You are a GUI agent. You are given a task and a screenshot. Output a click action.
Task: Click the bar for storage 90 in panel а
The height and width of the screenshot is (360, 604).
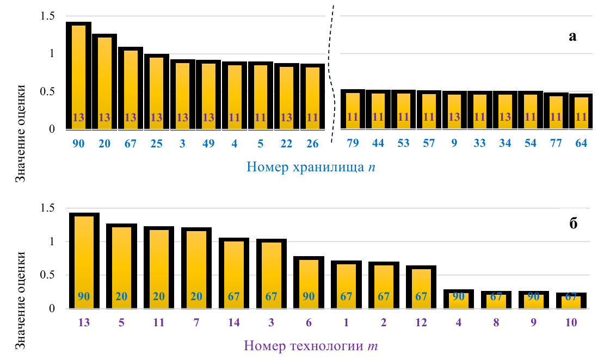(78, 76)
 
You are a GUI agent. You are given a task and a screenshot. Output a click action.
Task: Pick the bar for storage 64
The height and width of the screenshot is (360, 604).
(581, 112)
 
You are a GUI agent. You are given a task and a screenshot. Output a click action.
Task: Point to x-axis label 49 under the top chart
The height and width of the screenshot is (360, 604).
(208, 145)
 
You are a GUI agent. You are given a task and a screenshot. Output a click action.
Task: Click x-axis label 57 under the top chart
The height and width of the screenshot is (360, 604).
(429, 145)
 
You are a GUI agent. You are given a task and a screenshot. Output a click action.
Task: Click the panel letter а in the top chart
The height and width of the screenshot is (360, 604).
(572, 36)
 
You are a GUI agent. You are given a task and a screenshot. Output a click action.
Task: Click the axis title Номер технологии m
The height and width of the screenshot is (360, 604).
(307, 345)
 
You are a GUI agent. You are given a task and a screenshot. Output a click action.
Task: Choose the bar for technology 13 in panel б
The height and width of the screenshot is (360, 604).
(84, 261)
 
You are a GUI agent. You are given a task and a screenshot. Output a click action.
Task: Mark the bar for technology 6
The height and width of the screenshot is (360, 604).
(309, 283)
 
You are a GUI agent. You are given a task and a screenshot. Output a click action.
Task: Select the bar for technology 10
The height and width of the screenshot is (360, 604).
(571, 301)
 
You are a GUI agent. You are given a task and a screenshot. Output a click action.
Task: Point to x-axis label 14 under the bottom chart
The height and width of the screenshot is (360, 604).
(234, 322)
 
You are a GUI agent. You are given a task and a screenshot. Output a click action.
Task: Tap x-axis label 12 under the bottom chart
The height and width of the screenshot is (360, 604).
(422, 322)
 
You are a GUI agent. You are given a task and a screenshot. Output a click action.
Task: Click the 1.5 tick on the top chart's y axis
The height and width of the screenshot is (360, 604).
(48, 16)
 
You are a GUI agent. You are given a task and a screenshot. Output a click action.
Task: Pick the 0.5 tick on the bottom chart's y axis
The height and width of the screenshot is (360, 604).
(48, 275)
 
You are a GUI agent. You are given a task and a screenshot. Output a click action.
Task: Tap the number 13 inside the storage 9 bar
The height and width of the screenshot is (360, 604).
(454, 116)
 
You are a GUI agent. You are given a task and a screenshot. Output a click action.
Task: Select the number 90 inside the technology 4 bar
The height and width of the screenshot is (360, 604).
(459, 297)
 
